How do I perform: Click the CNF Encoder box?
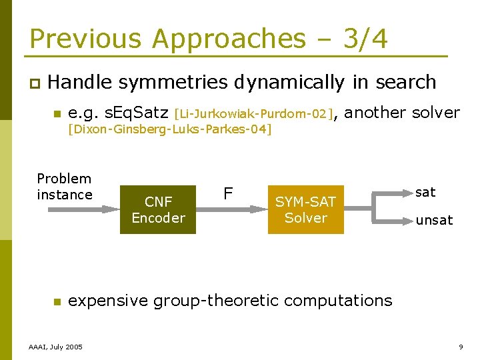pyautogui.click(x=158, y=209)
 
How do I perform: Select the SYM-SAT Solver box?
pyautogui.click(x=305, y=209)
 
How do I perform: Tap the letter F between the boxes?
pyautogui.click(x=228, y=193)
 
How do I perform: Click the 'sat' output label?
pyautogui.click(x=425, y=193)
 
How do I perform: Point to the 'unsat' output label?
pyautogui.click(x=434, y=220)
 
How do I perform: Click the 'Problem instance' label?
pyautogui.click(x=64, y=187)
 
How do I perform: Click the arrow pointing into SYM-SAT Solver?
pyautogui.click(x=243, y=209)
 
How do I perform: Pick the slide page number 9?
pyautogui.click(x=461, y=347)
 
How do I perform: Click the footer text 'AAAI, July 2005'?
pyautogui.click(x=56, y=347)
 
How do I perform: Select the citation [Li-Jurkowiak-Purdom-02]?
pyautogui.click(x=253, y=114)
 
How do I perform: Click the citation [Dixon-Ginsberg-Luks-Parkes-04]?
pyautogui.click(x=170, y=129)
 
